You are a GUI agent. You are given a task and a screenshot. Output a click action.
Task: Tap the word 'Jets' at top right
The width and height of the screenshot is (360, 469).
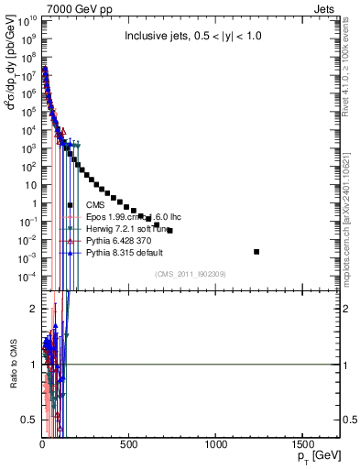(x=326, y=8)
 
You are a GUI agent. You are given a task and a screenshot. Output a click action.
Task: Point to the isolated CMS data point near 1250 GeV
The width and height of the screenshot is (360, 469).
(x=256, y=251)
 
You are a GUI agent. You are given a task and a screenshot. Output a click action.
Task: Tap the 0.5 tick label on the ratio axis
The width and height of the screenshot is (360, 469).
(x=27, y=420)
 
